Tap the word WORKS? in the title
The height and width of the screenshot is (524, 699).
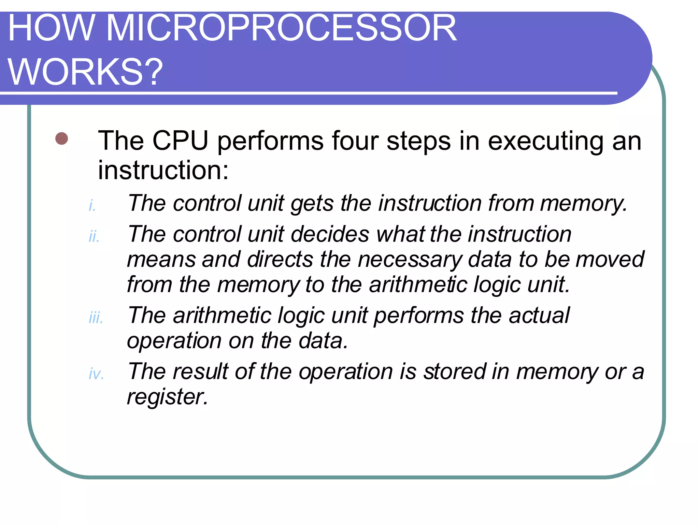[85, 72]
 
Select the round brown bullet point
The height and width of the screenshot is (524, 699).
[62, 139]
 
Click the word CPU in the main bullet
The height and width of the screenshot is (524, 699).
[180, 141]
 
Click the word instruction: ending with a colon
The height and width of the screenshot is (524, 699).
[163, 170]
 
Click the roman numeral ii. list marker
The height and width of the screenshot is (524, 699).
[94, 236]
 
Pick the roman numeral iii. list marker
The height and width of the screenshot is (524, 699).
[96, 318]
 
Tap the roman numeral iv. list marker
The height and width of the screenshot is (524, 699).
[96, 374]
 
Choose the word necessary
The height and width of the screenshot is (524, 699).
[409, 260]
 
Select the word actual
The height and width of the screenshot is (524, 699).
[539, 315]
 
